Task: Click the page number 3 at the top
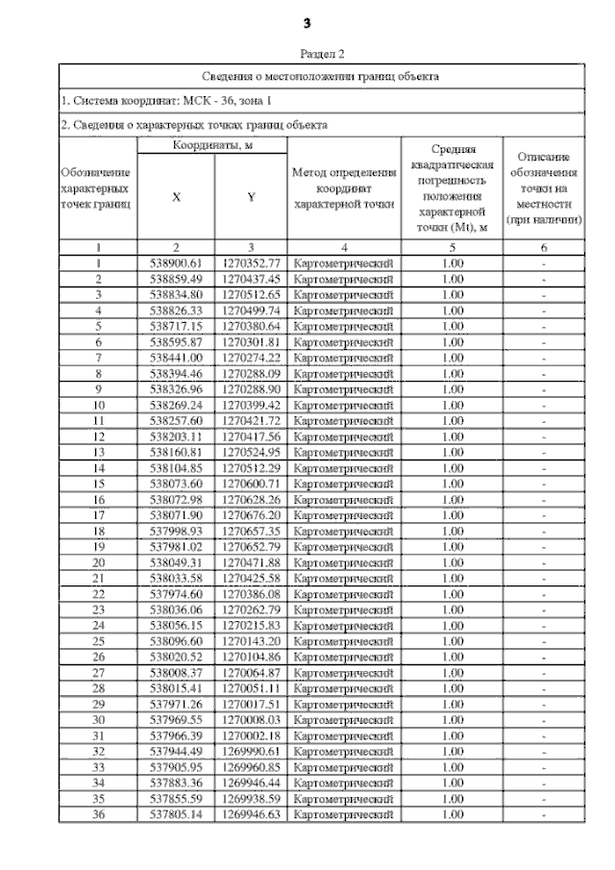pos(307,22)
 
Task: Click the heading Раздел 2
pos(322,56)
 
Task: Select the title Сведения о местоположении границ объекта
pos(322,75)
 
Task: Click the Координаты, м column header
pos(212,144)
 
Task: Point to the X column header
pos(176,197)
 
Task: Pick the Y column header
pos(251,197)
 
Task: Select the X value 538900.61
pos(177,263)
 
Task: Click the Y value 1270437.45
pos(251,279)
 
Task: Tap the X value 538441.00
pos(177,357)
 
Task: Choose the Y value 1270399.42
pos(251,404)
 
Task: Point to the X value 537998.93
pos(177,530)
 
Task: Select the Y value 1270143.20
pos(251,639)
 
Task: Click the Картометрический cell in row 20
pos(344,560)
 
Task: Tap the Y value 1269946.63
pos(251,812)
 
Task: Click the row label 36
pos(98,812)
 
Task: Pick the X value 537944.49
pos(177,750)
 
